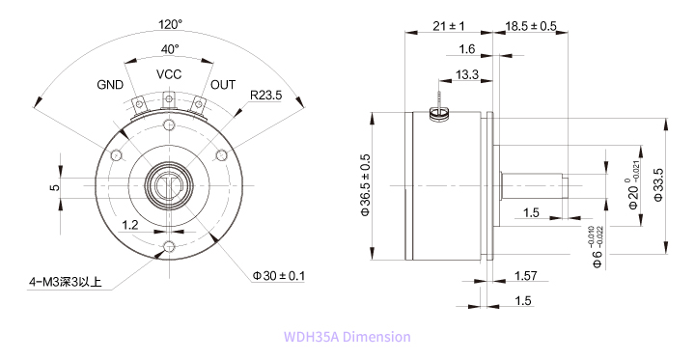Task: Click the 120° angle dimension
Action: [169, 23]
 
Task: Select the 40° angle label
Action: [169, 48]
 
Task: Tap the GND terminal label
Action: [110, 85]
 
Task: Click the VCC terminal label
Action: [169, 74]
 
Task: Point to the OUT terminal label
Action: [223, 85]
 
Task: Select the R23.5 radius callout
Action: [265, 96]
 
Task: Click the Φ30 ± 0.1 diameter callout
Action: [279, 276]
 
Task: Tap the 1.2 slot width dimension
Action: [130, 224]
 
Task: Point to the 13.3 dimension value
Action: [467, 74]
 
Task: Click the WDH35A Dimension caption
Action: [347, 337]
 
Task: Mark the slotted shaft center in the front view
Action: [169, 184]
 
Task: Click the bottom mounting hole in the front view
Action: [169, 248]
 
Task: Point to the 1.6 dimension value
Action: [467, 48]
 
